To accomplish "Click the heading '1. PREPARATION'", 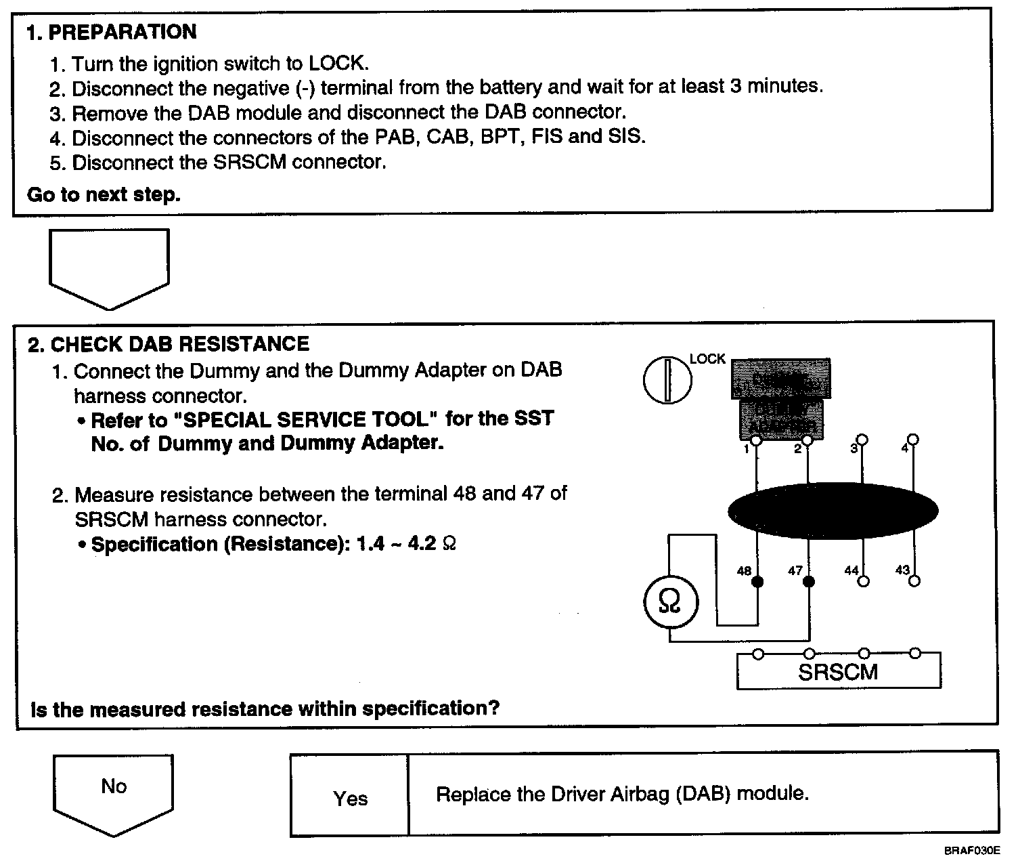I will tap(112, 32).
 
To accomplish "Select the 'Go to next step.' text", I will tap(104, 195).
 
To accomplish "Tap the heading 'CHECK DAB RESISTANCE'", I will tap(180, 344).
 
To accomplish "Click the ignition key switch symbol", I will tap(667, 379).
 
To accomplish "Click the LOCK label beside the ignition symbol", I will tap(707, 359).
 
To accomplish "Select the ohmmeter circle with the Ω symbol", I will tap(669, 601).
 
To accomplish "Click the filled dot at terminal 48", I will tap(758, 581).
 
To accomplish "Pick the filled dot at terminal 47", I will tap(809, 581).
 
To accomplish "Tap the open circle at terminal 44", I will tap(863, 580).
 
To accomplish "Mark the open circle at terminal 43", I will tap(914, 580).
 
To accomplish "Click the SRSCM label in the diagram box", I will tap(838, 672).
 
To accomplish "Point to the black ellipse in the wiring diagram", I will tap(833, 511).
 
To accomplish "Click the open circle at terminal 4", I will tap(914, 440).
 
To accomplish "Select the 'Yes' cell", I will tap(350, 799).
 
